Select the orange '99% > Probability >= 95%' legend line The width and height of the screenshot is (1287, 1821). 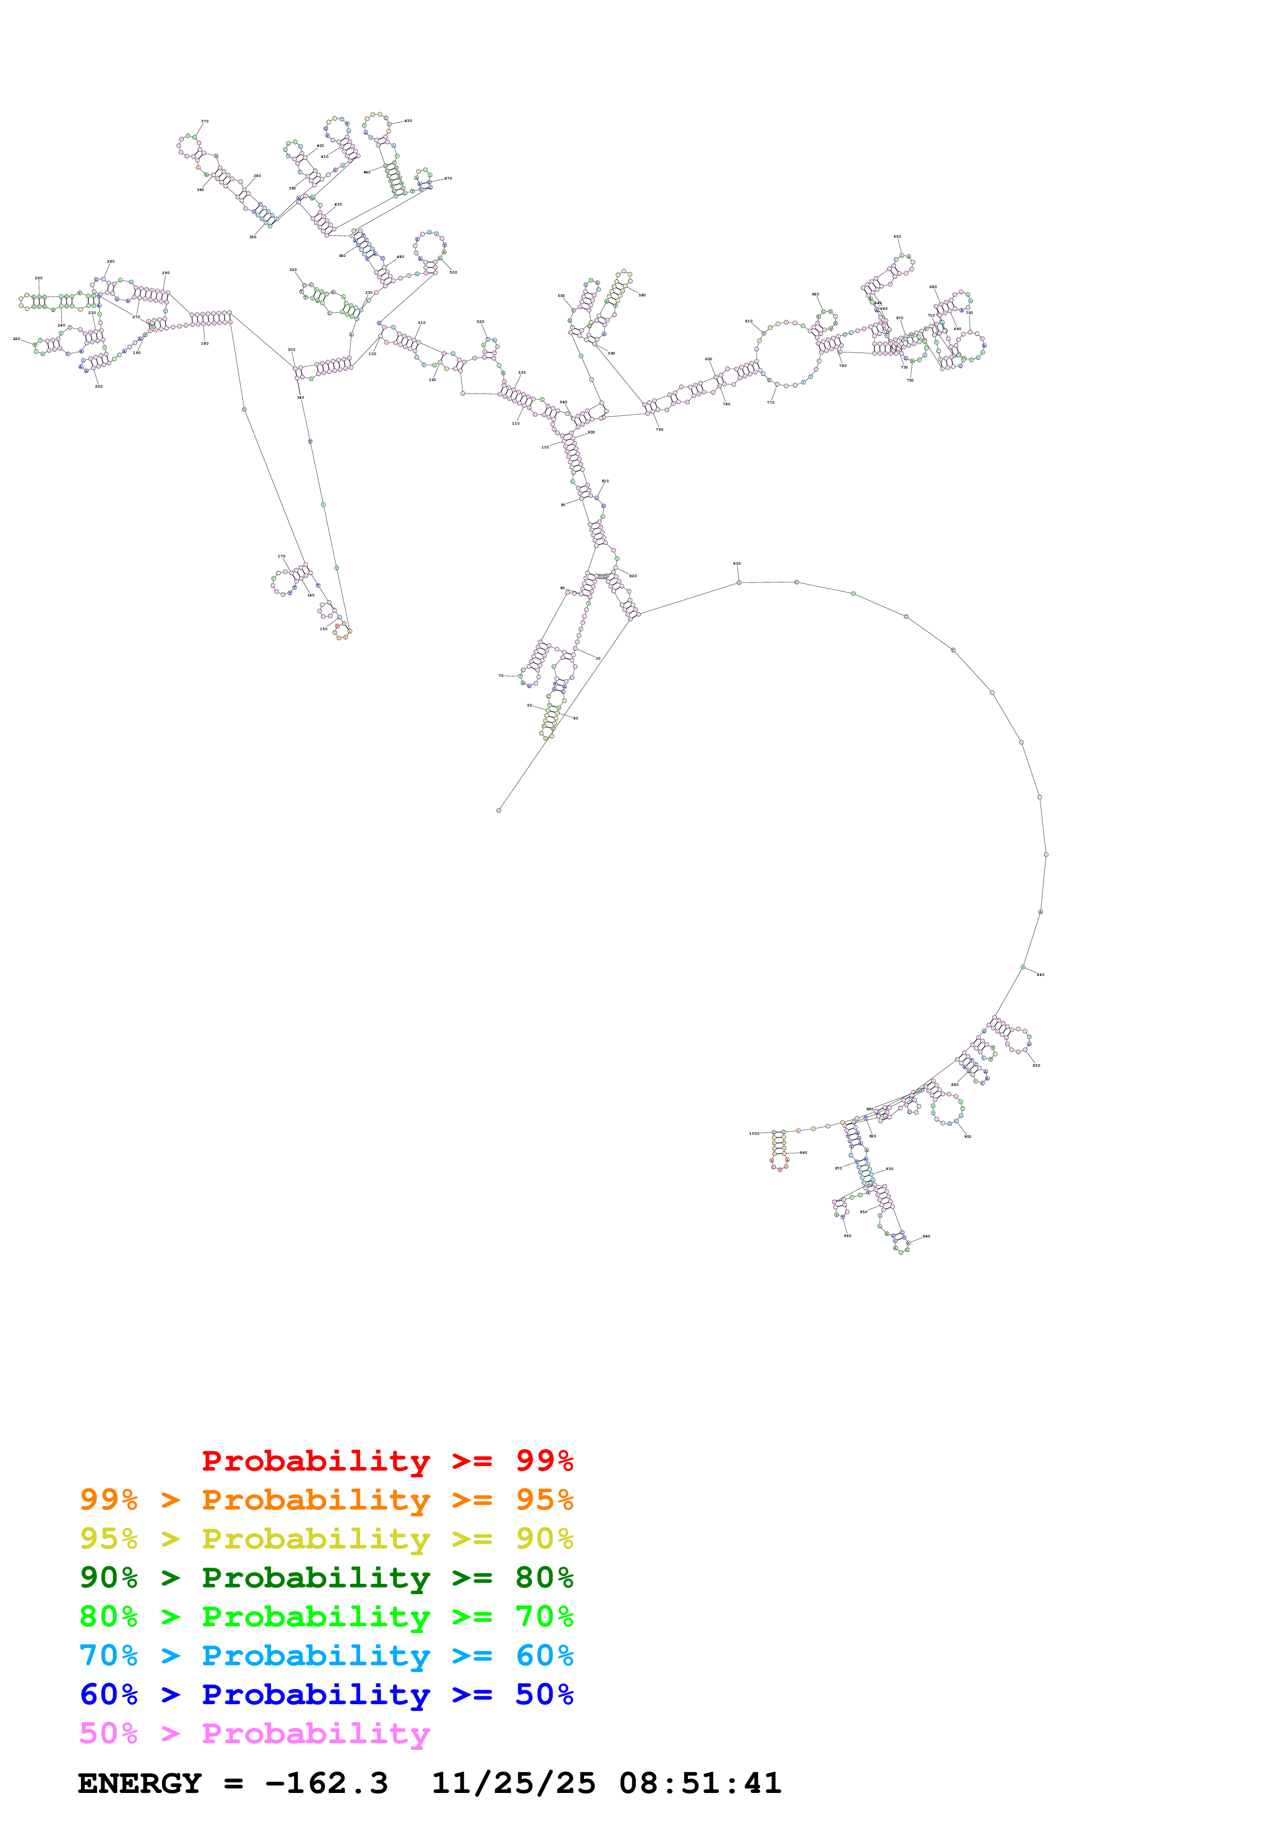(x=326, y=1500)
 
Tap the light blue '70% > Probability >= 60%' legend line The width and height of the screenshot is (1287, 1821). (x=326, y=1655)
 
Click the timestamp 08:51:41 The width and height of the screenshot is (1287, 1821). (x=700, y=1784)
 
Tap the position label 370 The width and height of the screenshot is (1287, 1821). (x=205, y=121)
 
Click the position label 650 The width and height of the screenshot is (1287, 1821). (x=897, y=236)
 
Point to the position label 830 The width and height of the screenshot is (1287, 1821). (x=737, y=563)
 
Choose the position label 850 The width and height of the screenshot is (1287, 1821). (x=1036, y=1065)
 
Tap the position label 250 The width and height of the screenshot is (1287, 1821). (x=38, y=278)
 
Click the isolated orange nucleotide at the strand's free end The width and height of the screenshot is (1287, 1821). (x=499, y=810)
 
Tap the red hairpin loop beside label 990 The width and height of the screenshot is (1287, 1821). (x=779, y=1163)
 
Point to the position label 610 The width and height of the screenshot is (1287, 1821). (x=749, y=321)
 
